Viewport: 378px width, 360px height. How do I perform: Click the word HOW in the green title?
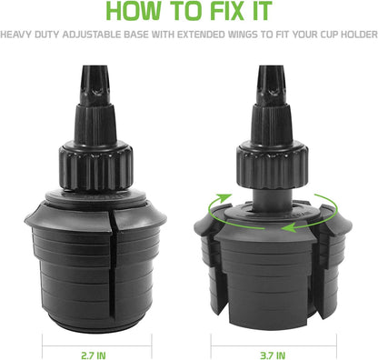(x=133, y=12)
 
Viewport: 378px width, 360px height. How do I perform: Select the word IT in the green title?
(x=260, y=12)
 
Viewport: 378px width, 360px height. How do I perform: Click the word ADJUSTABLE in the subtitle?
(x=92, y=35)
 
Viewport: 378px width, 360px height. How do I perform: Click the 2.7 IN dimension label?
(x=94, y=355)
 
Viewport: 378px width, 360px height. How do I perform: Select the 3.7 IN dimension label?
(x=273, y=355)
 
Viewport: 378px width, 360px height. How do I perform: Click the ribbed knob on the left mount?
(x=96, y=167)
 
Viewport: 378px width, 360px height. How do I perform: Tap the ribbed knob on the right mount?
(x=273, y=167)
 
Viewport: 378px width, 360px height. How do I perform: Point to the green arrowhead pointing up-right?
(x=224, y=197)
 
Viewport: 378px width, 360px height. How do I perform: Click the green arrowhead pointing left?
(x=288, y=227)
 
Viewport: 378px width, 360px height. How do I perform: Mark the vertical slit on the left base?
(x=112, y=266)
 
